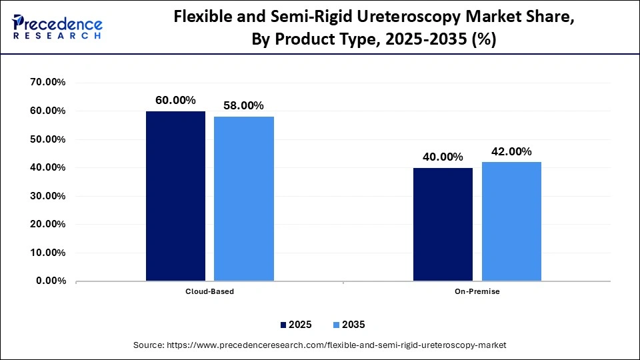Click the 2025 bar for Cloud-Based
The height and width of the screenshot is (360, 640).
[175, 196]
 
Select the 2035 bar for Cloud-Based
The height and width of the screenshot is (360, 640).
[244, 199]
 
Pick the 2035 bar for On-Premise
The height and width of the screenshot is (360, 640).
[511, 221]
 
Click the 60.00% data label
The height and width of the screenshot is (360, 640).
[175, 100]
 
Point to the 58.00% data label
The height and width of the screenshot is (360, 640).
[244, 105]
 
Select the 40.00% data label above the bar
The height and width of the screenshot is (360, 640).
[443, 157]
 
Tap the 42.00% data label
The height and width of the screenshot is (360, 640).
[511, 151]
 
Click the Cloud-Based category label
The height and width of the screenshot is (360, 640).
[209, 291]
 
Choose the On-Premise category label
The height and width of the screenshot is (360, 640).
[477, 291]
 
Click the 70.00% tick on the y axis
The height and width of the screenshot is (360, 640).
[47, 83]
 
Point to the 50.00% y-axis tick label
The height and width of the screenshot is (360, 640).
[47, 139]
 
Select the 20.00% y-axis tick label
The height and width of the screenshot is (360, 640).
[47, 225]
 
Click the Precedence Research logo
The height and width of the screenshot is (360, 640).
[57, 27]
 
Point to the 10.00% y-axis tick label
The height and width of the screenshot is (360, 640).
[47, 253]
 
